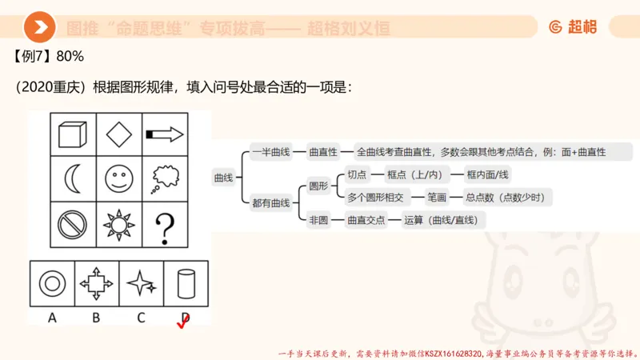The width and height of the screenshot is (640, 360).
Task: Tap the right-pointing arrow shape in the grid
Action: click(165, 134)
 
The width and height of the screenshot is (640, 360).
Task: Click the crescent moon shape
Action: click(73, 178)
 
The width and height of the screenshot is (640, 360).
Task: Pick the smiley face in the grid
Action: click(119, 178)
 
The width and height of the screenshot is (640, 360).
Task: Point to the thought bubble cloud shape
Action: click(165, 178)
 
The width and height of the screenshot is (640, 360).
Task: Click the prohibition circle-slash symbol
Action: click(73, 224)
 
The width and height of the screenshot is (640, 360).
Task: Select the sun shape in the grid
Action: click(119, 225)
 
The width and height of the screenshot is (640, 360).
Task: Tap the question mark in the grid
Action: click(165, 226)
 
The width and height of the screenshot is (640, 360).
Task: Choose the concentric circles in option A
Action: click(52, 282)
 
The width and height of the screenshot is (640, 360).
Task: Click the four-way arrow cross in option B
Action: click(96, 282)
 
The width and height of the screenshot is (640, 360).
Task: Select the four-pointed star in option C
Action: click(141, 282)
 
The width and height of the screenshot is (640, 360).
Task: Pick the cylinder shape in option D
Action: click(186, 282)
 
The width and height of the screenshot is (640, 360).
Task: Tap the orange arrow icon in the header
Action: click(39, 28)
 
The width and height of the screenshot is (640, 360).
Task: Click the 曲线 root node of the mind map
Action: click(223, 178)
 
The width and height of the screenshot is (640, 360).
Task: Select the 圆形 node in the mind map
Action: click(318, 186)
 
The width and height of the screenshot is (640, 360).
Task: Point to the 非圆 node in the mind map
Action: click(318, 219)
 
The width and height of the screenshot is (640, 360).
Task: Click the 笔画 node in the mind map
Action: click(437, 197)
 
